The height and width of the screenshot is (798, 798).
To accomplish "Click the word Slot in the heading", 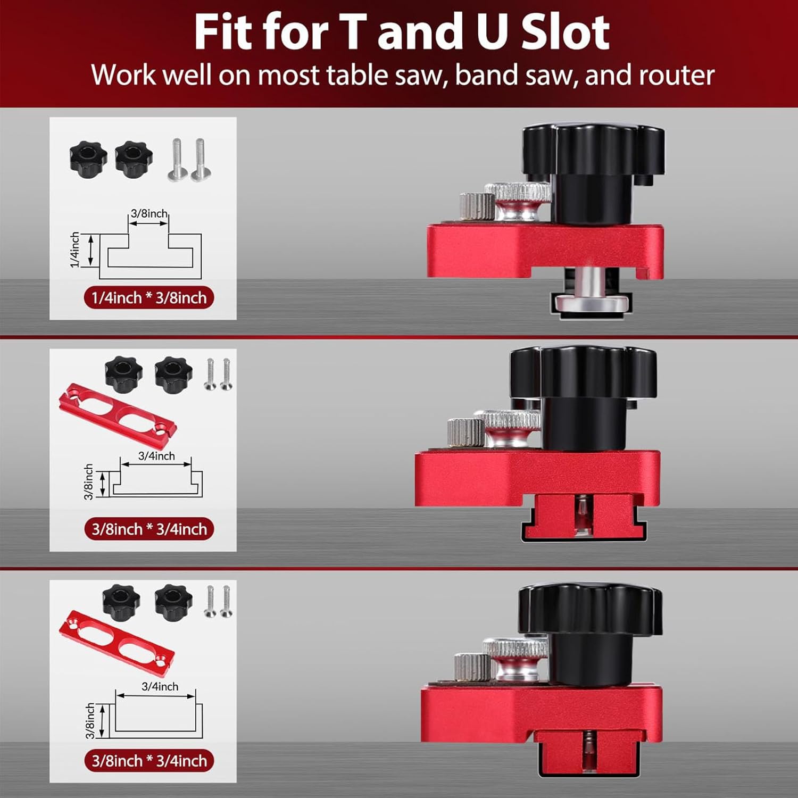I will (x=565, y=33).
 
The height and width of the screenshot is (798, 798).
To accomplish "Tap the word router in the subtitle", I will (x=676, y=75).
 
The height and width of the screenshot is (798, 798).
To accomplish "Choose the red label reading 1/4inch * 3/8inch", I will (x=149, y=297).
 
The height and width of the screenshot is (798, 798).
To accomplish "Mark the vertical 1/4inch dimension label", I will (x=75, y=250).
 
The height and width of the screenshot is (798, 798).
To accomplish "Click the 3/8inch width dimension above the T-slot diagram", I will (x=149, y=213).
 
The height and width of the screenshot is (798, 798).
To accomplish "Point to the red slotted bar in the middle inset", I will (x=117, y=411).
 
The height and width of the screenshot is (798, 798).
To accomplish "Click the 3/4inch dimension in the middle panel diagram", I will (x=156, y=456).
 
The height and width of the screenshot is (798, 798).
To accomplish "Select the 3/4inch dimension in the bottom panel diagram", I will (x=160, y=687).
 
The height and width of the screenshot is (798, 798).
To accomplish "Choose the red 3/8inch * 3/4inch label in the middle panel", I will (x=149, y=529).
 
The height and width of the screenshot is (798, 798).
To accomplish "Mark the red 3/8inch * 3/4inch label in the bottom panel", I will (x=149, y=761).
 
